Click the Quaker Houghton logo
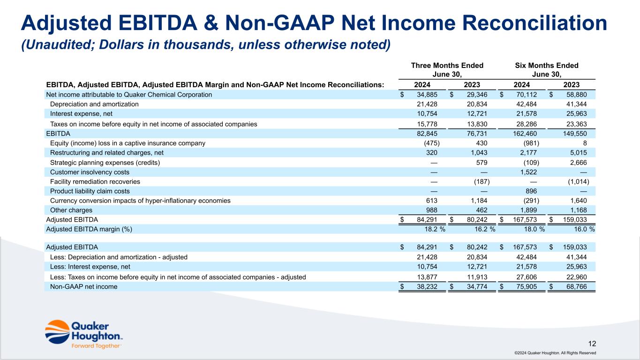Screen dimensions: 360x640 click(x=84, y=334)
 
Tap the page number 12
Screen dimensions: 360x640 click(x=592, y=343)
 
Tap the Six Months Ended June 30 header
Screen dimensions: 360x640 click(x=546, y=70)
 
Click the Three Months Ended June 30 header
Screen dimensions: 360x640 click(x=447, y=70)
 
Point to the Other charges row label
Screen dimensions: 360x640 click(x=71, y=210)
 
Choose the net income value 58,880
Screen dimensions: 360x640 click(x=577, y=95)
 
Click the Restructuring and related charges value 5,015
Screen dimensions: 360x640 click(x=578, y=152)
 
